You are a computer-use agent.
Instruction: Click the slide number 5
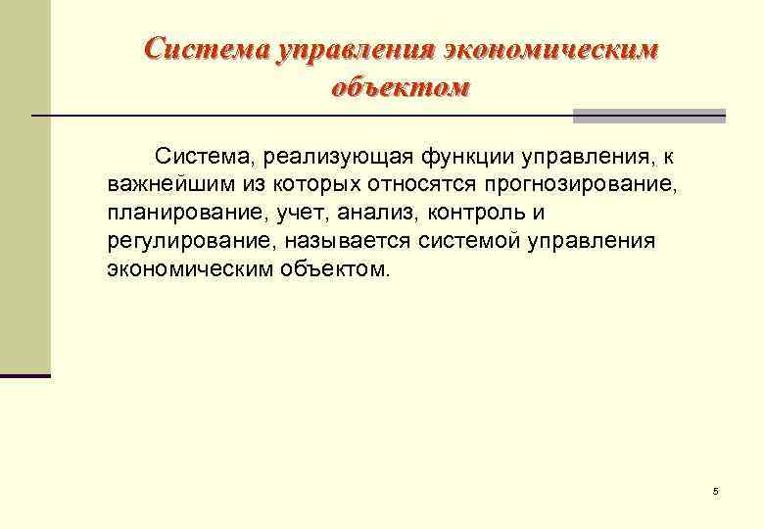click(716, 491)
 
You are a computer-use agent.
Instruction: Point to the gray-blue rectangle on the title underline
click(648, 116)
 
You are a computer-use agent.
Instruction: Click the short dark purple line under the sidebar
click(25, 375)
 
